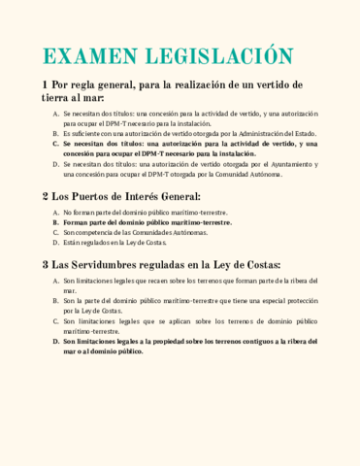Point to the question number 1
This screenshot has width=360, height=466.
46,85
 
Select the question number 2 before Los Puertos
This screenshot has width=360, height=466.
46,197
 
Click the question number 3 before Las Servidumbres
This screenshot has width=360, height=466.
46,265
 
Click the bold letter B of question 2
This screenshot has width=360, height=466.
55,222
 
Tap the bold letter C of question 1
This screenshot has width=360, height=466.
55,143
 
